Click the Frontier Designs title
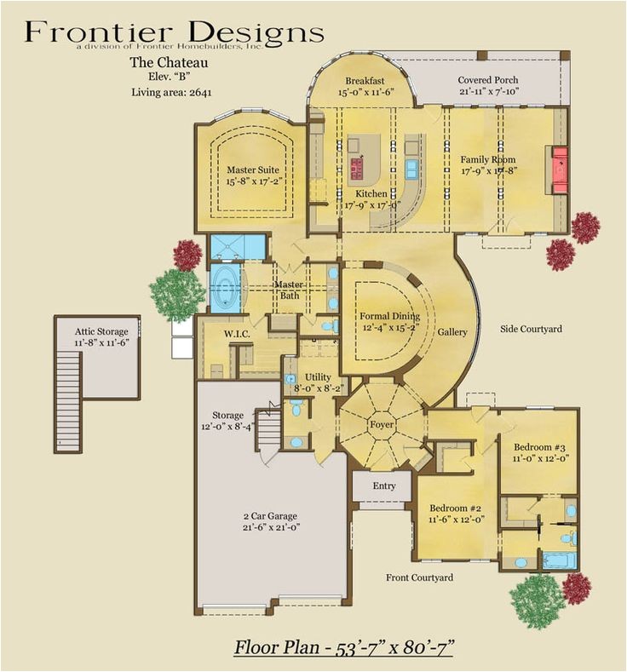[x=174, y=32]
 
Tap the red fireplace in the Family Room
[x=561, y=169]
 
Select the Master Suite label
[x=252, y=175]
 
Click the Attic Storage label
[x=101, y=337]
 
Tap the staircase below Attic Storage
[x=68, y=400]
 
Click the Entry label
[x=384, y=485]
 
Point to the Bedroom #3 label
[x=539, y=452]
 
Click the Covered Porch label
[x=488, y=85]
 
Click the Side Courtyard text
[x=531, y=329]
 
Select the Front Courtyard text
[x=419, y=577]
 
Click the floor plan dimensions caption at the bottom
[x=343, y=647]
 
